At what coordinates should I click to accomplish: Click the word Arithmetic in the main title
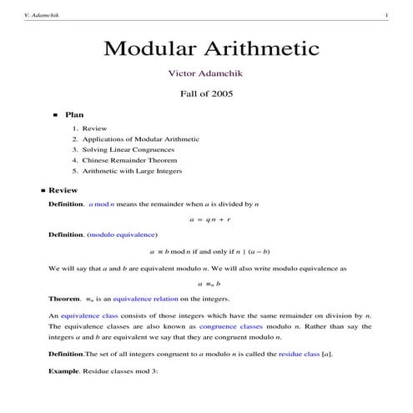click(x=259, y=48)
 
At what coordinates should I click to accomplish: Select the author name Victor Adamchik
click(x=206, y=73)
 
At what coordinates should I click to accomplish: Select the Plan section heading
click(x=73, y=114)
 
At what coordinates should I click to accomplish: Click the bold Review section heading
click(x=63, y=190)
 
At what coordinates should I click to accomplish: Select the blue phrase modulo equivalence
click(x=124, y=234)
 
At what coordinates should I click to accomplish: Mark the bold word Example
click(x=65, y=369)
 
